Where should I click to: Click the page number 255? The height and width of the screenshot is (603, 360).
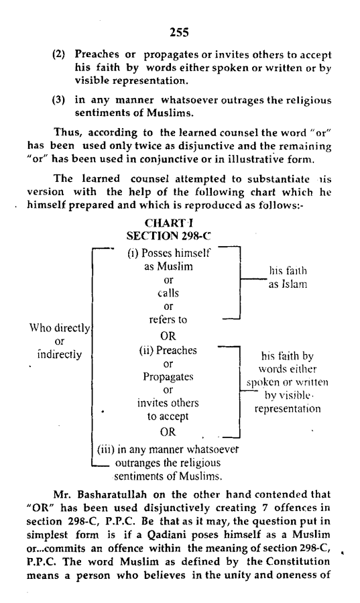click(x=179, y=32)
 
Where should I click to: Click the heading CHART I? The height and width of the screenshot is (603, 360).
click(x=168, y=223)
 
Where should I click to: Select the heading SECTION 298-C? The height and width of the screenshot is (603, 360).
click(x=168, y=235)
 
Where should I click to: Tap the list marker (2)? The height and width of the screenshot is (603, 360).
click(x=58, y=54)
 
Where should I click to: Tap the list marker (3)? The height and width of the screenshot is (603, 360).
click(x=58, y=100)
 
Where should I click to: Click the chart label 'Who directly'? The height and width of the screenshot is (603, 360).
click(x=60, y=328)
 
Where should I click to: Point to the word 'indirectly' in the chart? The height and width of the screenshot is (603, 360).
click(x=60, y=354)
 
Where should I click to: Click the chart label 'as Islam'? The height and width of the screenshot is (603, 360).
click(x=288, y=284)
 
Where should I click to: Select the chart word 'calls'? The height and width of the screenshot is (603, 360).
click(x=168, y=293)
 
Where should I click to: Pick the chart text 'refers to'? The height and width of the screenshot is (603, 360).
click(x=168, y=319)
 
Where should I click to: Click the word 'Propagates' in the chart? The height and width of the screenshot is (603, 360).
click(x=168, y=377)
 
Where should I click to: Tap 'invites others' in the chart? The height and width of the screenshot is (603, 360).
click(x=168, y=403)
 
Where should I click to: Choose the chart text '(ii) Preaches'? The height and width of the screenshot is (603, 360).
click(x=168, y=350)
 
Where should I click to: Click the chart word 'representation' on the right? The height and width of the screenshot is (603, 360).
click(x=288, y=408)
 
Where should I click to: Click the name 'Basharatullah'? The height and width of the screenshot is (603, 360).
click(x=113, y=494)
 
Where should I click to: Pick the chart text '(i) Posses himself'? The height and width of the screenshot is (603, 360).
click(x=169, y=253)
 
